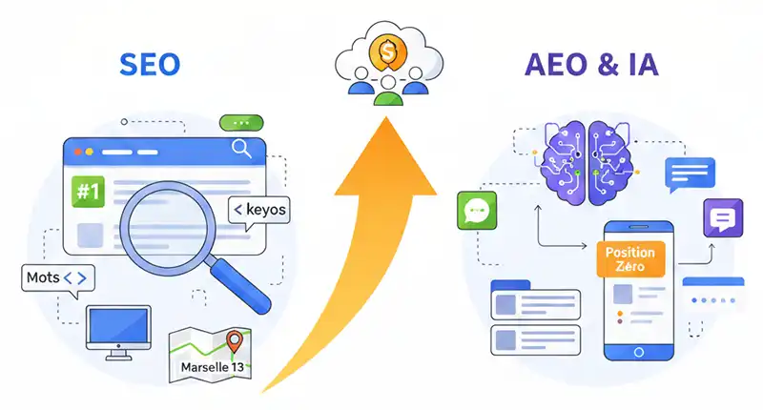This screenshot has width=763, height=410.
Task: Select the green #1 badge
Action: (x=88, y=192)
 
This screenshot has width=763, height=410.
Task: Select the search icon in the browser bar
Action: (x=241, y=149)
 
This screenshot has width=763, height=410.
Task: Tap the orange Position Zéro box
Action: (x=626, y=260)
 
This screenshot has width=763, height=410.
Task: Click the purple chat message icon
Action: (x=722, y=218)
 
